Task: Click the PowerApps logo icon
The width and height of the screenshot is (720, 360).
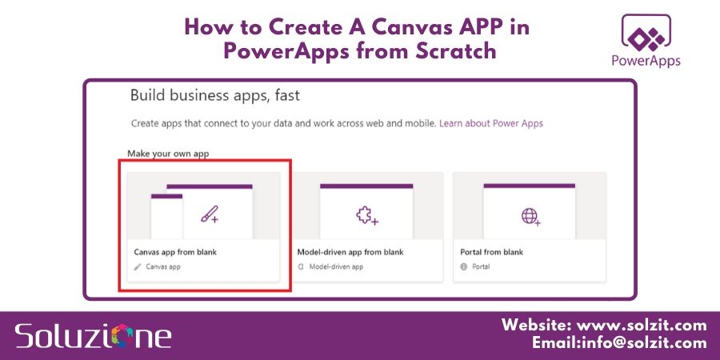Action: (x=645, y=34)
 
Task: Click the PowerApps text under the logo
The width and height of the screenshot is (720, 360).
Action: (x=645, y=61)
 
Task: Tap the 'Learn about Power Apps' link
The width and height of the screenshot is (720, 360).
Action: (x=491, y=124)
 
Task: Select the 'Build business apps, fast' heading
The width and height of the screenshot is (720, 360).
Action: (x=215, y=96)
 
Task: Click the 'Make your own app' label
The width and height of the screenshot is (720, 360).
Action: (x=168, y=153)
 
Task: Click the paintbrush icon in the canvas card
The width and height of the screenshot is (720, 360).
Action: (x=210, y=214)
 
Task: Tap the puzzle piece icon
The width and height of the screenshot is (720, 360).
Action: (x=366, y=215)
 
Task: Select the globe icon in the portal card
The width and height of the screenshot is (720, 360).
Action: (x=530, y=215)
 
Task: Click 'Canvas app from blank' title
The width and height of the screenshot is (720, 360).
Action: (x=175, y=252)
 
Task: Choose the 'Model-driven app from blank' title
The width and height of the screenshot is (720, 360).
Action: (x=350, y=252)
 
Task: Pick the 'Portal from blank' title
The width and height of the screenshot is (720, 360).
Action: (x=491, y=252)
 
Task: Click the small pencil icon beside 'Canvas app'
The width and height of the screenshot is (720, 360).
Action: (x=138, y=266)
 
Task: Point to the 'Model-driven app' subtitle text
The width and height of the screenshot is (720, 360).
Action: (x=336, y=266)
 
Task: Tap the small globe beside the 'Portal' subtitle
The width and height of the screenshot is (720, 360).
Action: (x=464, y=266)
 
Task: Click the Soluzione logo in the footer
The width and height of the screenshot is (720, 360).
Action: (x=93, y=334)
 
